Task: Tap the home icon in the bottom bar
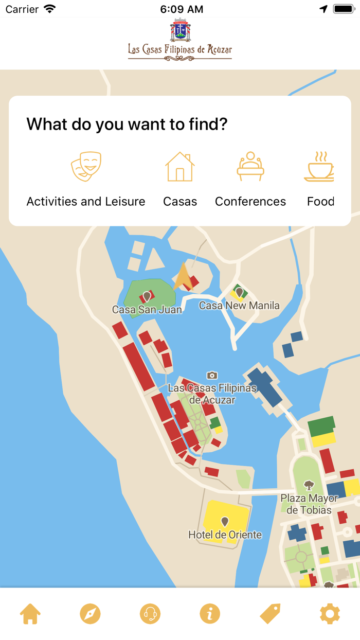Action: (30, 614)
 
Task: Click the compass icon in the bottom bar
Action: (90, 614)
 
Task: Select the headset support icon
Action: (150, 614)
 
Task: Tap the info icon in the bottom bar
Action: (210, 614)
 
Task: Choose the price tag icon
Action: (270, 614)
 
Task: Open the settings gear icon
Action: (330, 614)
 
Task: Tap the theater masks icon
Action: (86, 166)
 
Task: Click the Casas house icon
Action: (180, 166)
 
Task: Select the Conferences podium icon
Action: (250, 166)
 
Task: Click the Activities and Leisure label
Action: (86, 202)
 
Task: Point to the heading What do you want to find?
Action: (127, 124)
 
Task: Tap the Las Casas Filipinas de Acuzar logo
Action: (180, 40)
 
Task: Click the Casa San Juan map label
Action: (147, 310)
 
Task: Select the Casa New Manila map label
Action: (239, 306)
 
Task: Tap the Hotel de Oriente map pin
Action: (225, 523)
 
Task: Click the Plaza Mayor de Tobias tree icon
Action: (309, 485)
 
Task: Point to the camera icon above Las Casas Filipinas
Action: (212, 376)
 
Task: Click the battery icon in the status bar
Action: (344, 9)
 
